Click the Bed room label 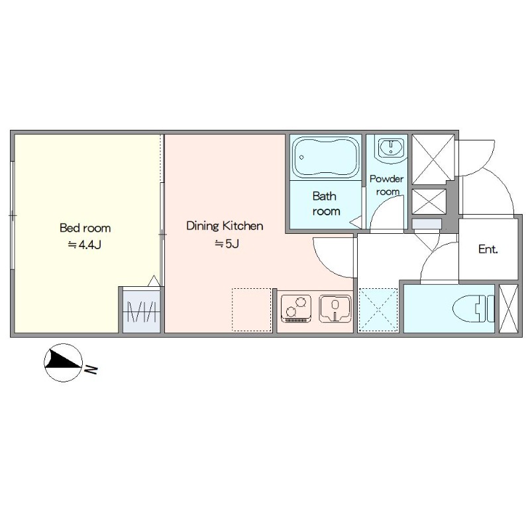(x=85, y=228)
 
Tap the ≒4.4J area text (x=85, y=244)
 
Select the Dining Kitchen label (x=225, y=226)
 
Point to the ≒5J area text (x=227, y=243)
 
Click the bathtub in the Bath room (x=325, y=157)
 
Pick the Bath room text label (x=326, y=203)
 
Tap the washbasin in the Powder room (x=391, y=148)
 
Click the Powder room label (x=387, y=185)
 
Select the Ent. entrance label (x=488, y=250)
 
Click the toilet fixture (x=473, y=308)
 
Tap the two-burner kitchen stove (x=296, y=309)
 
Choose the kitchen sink (x=335, y=309)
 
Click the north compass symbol (x=64, y=362)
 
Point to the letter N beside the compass (x=91, y=370)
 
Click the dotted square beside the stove (x=252, y=309)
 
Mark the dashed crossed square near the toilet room (x=378, y=309)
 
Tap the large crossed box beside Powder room (x=433, y=159)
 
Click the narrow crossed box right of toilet (x=508, y=309)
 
